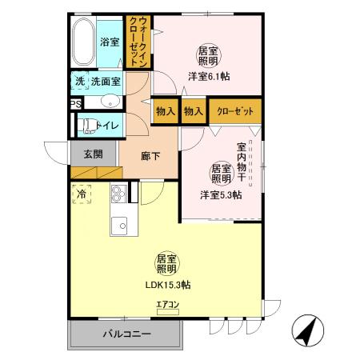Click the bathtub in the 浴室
[82, 44]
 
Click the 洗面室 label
[106, 81]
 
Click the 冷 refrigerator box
[82, 194]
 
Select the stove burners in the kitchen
[118, 194]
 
